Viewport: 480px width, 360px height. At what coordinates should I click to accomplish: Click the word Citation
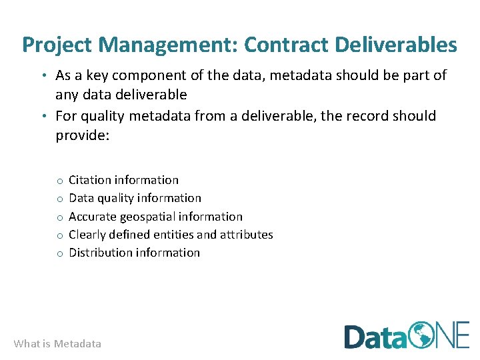pos(90,180)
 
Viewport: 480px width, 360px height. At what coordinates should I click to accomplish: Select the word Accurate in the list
pos(93,217)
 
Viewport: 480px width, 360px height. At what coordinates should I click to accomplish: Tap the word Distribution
pos(100,253)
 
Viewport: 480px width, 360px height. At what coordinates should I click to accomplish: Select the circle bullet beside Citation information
pos(59,181)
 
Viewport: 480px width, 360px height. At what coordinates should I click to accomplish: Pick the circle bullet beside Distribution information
pos(59,253)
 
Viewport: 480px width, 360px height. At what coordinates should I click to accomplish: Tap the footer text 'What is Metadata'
pos(57,344)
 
